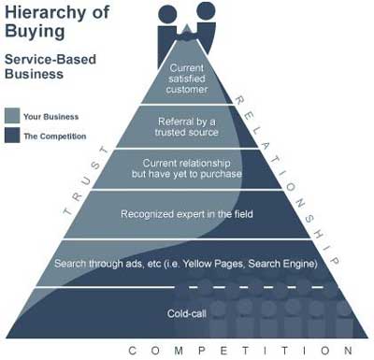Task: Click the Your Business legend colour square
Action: tap(12, 116)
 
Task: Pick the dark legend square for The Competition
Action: tap(12, 137)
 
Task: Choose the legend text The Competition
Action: tap(53, 137)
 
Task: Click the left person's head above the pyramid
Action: tap(169, 15)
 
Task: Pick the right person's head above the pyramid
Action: tap(206, 12)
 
